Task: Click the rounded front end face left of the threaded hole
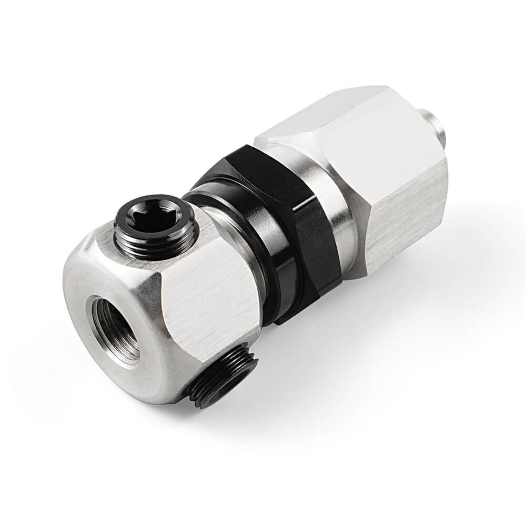pos(79,295)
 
